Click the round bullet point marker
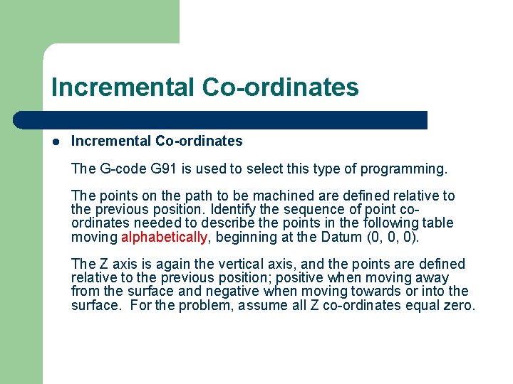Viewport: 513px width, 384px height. tap(55, 142)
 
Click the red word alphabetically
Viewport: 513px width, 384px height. tap(165, 236)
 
